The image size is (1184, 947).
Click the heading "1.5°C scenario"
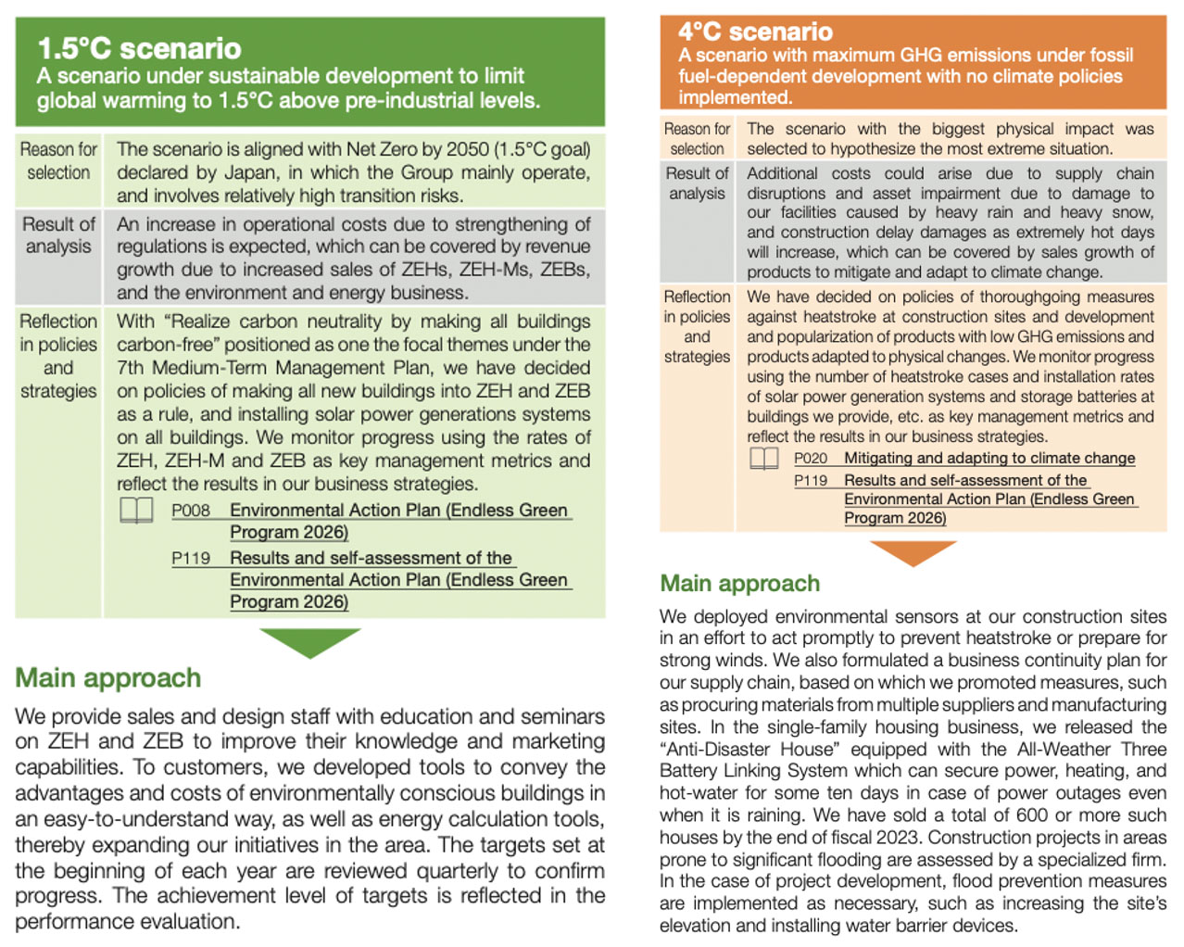click(x=139, y=48)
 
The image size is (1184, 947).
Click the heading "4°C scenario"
click(x=755, y=32)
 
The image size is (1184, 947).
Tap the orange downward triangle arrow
click(x=913, y=551)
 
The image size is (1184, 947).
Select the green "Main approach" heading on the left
click(x=107, y=678)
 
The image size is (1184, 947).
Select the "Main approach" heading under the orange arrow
click(x=739, y=584)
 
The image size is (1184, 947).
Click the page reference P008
click(x=190, y=511)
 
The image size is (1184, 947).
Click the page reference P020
click(x=811, y=459)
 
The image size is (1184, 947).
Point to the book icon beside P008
click(x=136, y=510)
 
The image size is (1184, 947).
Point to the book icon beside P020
click(x=764, y=459)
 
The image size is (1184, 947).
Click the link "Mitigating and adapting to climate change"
click(x=989, y=459)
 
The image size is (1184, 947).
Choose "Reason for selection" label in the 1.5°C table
click(x=58, y=160)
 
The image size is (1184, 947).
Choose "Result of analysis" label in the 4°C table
click(x=697, y=183)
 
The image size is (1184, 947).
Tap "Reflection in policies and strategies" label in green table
click(x=58, y=356)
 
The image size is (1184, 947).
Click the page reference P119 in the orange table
click(x=811, y=481)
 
